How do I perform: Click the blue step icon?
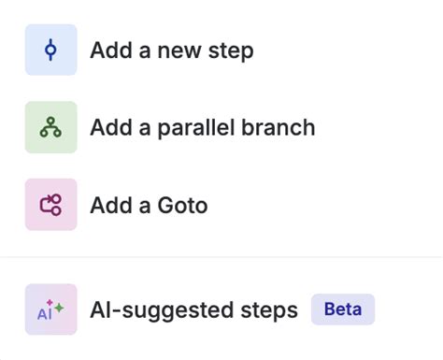click(50, 50)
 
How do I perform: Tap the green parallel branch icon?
click(50, 127)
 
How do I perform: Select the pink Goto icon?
click(50, 204)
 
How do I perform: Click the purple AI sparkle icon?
click(50, 310)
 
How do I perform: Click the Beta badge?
click(342, 309)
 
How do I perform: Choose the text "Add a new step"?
click(171, 50)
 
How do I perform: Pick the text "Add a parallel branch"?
click(202, 127)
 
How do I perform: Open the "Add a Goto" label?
click(149, 205)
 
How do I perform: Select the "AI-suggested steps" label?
click(193, 310)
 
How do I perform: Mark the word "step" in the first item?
click(232, 51)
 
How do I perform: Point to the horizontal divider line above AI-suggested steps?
click(221, 257)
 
